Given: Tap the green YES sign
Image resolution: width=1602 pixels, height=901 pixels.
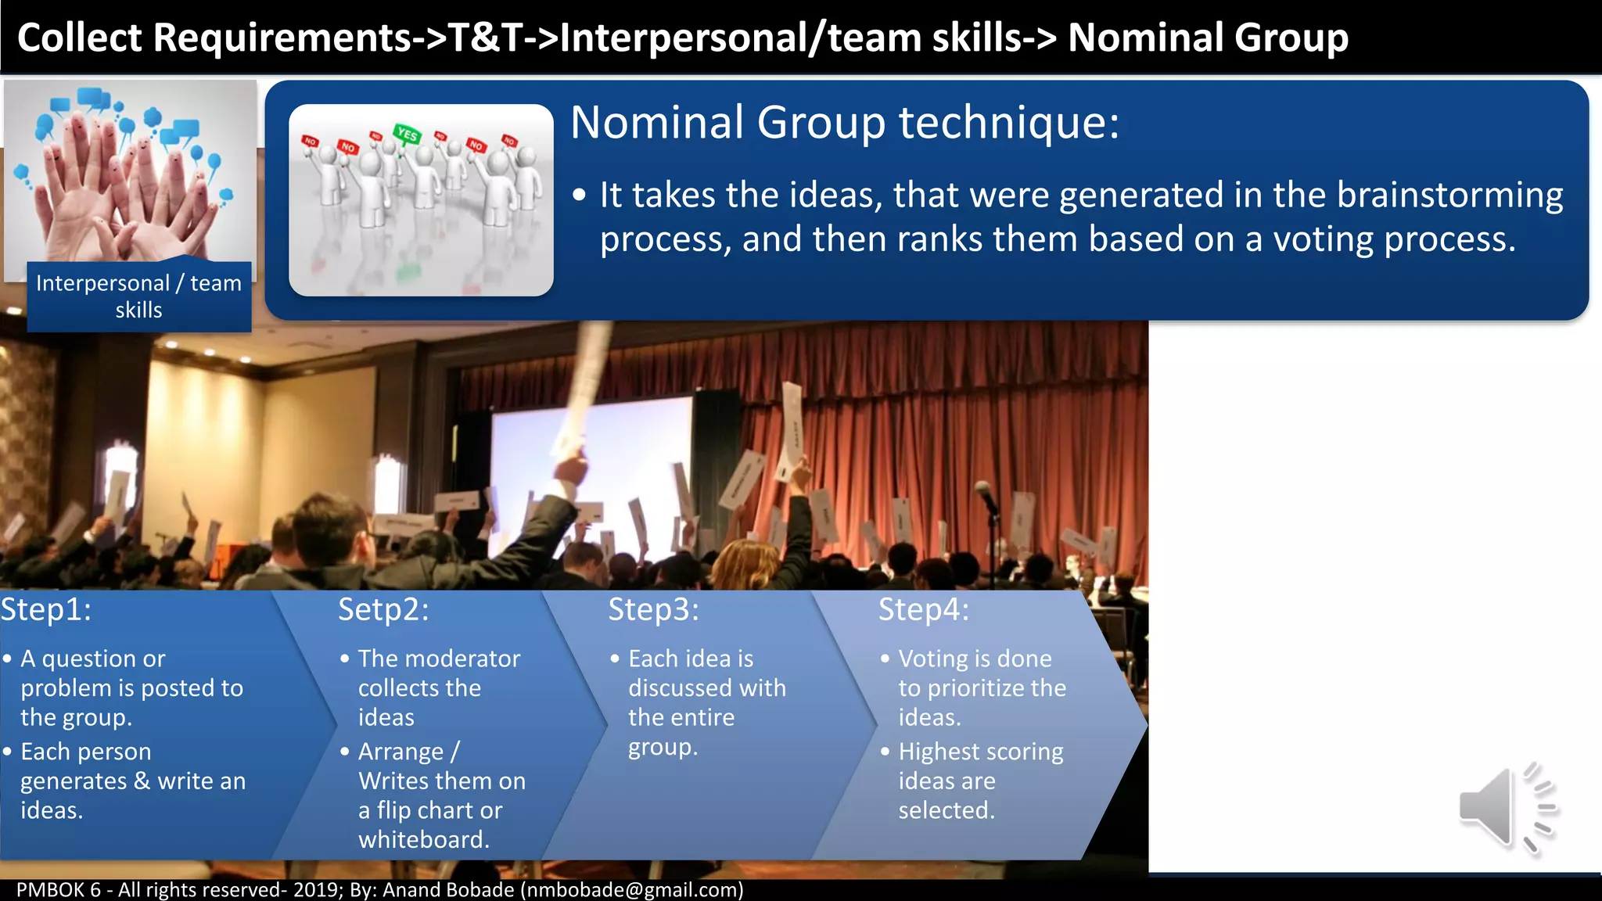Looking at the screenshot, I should (407, 134).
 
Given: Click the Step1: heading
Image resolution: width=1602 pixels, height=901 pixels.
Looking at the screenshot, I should (46, 609).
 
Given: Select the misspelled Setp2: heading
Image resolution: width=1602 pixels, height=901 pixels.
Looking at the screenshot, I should (383, 609).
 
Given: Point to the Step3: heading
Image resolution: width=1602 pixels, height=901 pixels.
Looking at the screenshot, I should (653, 609).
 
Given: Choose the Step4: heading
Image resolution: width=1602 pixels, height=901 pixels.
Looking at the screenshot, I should (923, 609).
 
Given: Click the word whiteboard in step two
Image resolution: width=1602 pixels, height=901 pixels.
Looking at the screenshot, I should (422, 839).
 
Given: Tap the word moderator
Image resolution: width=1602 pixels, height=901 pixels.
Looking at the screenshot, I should (469, 659).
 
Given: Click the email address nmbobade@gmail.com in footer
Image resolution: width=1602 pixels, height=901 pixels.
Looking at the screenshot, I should (632, 889).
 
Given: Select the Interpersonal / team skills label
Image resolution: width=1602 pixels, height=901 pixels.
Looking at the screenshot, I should (139, 296).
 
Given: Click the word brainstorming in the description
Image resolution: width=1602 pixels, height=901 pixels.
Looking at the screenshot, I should (1449, 195).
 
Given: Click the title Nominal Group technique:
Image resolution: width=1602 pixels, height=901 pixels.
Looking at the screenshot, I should (845, 123).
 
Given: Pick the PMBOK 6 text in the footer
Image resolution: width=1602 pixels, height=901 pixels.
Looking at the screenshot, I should (59, 889).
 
